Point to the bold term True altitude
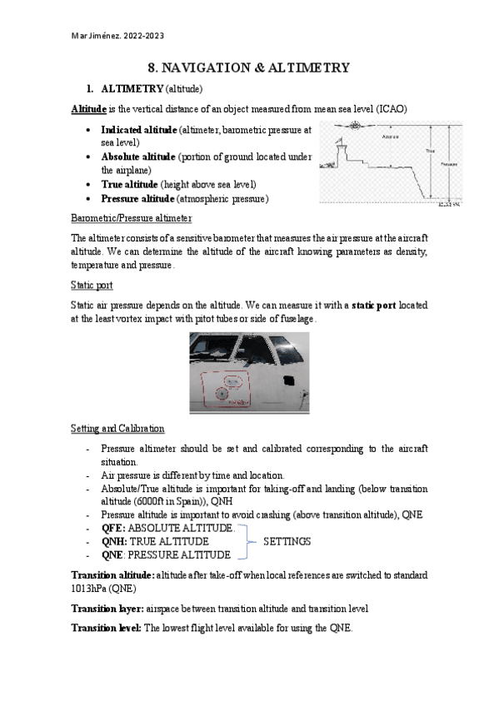(x=130, y=184)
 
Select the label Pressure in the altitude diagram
(x=449, y=164)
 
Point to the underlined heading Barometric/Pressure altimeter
(x=132, y=218)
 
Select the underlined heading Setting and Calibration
(x=117, y=428)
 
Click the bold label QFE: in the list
(x=113, y=528)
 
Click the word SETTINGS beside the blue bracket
(x=287, y=541)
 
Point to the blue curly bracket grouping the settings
(x=244, y=541)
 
